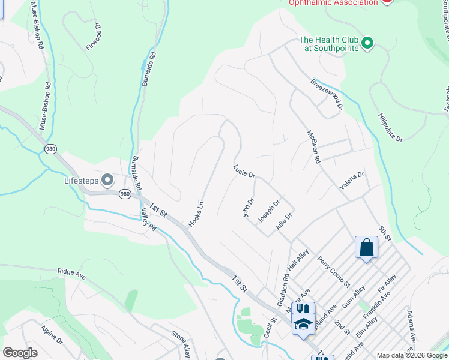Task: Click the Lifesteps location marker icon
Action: click(108, 179)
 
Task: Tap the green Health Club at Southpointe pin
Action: click(368, 42)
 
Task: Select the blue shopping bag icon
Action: click(366, 248)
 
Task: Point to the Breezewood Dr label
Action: click(327, 94)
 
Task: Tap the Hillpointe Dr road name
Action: click(391, 127)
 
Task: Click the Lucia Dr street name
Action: click(244, 172)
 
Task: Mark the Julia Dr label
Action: click(283, 221)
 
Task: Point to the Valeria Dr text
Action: click(352, 181)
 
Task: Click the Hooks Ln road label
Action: click(196, 214)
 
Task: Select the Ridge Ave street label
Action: click(72, 272)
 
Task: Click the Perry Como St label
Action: click(334, 271)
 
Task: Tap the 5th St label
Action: click(384, 235)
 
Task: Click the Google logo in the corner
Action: click(20, 353)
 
